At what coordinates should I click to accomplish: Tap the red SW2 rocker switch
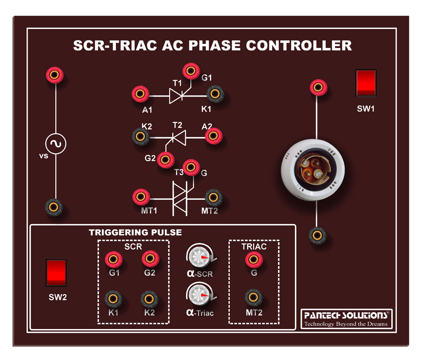pos(56,272)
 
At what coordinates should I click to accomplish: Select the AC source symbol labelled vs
pos(56,144)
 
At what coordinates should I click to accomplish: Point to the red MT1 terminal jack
pos(140,197)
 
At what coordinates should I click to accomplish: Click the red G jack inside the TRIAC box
pos(253,258)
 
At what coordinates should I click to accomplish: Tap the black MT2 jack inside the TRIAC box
pos(253,298)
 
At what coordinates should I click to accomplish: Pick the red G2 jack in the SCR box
pos(149,258)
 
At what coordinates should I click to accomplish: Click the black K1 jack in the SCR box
pos(113,298)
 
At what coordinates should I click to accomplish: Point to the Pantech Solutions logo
pos(345,318)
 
